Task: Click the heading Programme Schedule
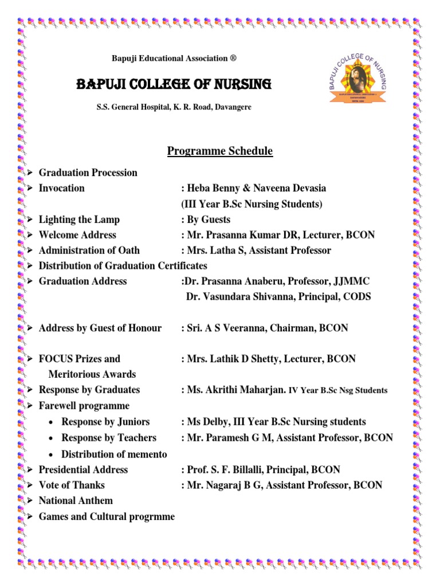click(x=220, y=151)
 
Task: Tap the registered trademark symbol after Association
click(x=233, y=58)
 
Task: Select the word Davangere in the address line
click(x=233, y=107)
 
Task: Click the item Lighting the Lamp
click(x=79, y=220)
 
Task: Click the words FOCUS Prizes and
click(x=79, y=359)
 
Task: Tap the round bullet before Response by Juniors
click(x=52, y=422)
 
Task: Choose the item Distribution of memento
click(x=114, y=454)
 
